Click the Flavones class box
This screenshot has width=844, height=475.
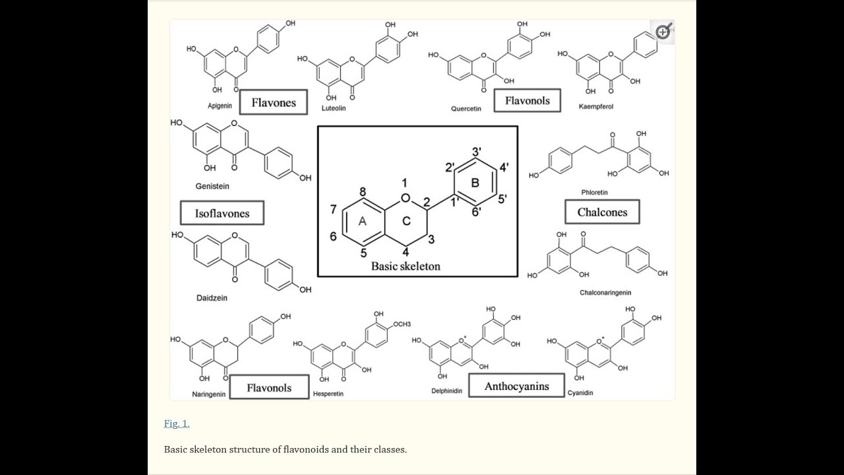pyautogui.click(x=274, y=102)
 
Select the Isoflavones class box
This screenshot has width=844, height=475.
pyautogui.click(x=222, y=213)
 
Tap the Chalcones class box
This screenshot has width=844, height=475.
pyautogui.click(x=602, y=212)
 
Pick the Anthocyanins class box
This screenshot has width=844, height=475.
pyautogui.click(x=516, y=386)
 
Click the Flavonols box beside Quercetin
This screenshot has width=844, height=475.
pyautogui.click(x=527, y=101)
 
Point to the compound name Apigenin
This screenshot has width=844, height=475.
pyautogui.click(x=220, y=106)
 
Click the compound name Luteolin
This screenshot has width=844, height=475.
pyautogui.click(x=334, y=108)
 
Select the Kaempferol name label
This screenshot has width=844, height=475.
pyautogui.click(x=596, y=107)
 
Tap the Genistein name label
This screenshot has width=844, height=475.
pyautogui.click(x=212, y=186)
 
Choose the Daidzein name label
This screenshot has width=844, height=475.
pyautogui.click(x=212, y=298)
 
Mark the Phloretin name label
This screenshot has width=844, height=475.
pyautogui.click(x=595, y=192)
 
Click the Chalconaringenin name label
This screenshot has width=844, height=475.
pyautogui.click(x=605, y=292)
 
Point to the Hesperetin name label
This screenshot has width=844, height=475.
pyautogui.click(x=328, y=394)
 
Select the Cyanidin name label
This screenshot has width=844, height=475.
pyautogui.click(x=580, y=393)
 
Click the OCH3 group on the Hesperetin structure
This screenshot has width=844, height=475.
pyautogui.click(x=402, y=324)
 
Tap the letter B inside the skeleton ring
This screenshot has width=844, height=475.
pyautogui.click(x=475, y=183)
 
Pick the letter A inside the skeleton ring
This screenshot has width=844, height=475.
pyautogui.click(x=363, y=221)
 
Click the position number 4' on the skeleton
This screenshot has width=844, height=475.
pyautogui.click(x=504, y=167)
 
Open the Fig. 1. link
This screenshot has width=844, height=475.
pyautogui.click(x=177, y=424)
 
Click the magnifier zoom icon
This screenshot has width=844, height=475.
pyautogui.click(x=663, y=32)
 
